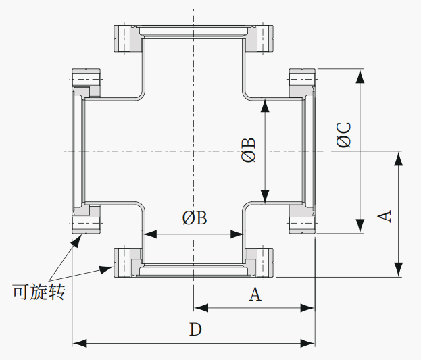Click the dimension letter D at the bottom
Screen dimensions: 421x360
pos(195,330)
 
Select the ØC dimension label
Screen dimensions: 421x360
pos(344,135)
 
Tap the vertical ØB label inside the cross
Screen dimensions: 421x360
pos(248,150)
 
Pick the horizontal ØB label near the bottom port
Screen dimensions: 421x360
pos(195,217)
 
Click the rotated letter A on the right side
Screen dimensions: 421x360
pos(385,216)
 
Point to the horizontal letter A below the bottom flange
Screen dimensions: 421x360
pos(255,294)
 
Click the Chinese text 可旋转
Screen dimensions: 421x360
pos(39,292)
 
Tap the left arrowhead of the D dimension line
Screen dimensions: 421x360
pos(80,343)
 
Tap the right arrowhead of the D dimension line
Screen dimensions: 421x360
pos(307,343)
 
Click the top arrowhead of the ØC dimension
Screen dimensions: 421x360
pos(360,76)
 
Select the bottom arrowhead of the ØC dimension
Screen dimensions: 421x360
pos(360,226)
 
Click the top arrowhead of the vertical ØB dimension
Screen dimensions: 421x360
pos(266,105)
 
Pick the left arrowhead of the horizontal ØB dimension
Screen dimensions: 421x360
pos(150,234)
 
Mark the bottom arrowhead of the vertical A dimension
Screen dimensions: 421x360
pos(398,269)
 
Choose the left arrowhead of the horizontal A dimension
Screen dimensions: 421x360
pos(201,308)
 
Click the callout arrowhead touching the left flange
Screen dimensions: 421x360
pos(76,240)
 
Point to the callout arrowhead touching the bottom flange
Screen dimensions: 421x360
pos(106,269)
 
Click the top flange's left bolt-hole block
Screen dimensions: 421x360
pos(124,38)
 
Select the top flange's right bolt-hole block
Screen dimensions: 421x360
pos(263,38)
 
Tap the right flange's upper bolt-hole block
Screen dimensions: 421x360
pos(302,79)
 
